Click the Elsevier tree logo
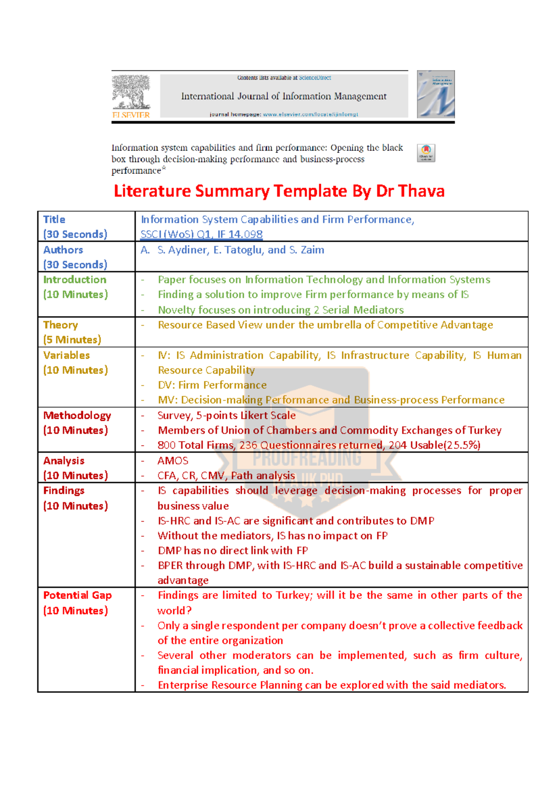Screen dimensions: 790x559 131,92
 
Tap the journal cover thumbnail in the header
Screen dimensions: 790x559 436,94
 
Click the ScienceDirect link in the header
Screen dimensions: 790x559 315,78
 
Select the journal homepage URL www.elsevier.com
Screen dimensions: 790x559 310,114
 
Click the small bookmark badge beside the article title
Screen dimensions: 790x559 426,153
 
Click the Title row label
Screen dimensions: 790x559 54,219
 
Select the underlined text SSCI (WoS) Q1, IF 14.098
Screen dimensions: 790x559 201,234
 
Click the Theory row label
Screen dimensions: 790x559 61,325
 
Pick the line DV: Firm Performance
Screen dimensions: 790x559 212,385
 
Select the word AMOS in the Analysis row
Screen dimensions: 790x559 173,461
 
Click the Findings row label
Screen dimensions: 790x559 64,490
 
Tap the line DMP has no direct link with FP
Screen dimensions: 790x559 232,551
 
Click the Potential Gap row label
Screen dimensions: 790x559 77,595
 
